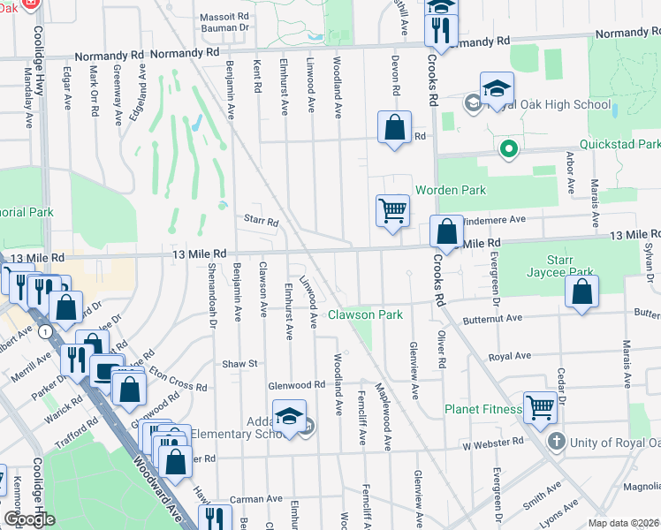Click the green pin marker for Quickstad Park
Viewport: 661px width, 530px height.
point(508,149)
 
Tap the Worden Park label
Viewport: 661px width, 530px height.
point(451,190)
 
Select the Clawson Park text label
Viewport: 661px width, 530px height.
point(366,314)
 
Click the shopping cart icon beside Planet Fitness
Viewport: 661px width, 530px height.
point(541,407)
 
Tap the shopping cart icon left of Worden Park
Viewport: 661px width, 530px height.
point(392,210)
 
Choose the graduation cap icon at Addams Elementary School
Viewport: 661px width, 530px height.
point(289,416)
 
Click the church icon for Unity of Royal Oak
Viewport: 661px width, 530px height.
point(557,441)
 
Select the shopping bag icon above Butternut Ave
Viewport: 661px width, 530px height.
point(581,291)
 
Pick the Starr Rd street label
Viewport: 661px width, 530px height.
point(260,221)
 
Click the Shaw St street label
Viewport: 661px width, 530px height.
point(239,363)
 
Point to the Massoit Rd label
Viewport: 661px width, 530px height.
point(223,17)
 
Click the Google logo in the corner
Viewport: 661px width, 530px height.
point(29,519)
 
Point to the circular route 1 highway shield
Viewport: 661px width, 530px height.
point(43,329)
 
